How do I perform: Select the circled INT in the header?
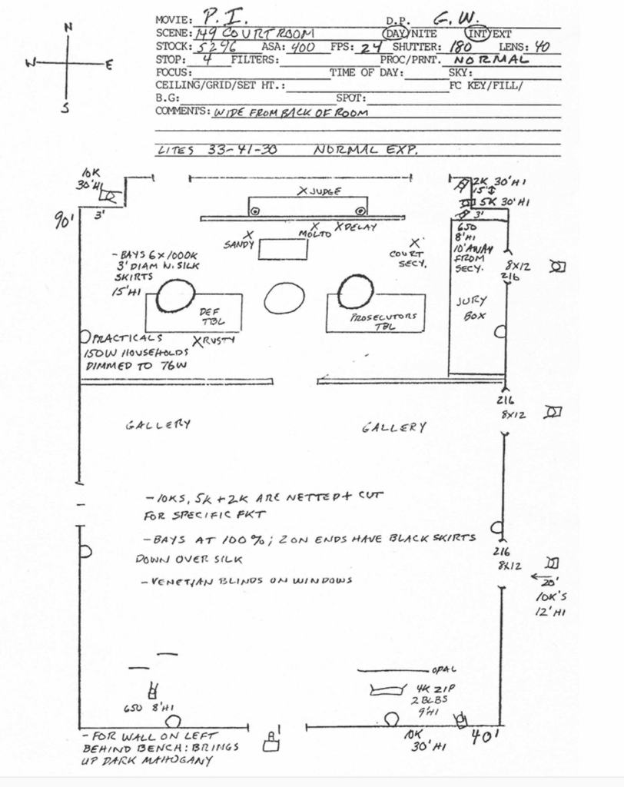tap(480, 34)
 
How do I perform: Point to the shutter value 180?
tap(461, 47)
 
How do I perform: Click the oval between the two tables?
tap(284, 298)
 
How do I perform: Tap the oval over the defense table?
tap(175, 295)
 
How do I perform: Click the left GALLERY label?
tap(158, 423)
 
